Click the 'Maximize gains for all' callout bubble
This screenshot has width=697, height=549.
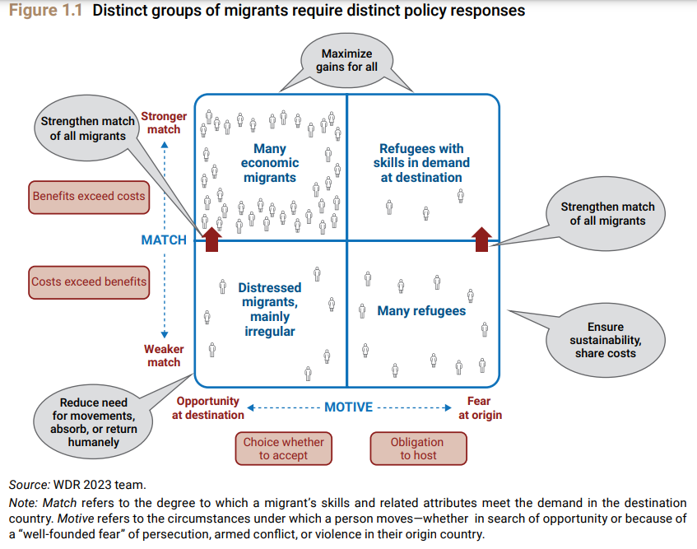click(346, 60)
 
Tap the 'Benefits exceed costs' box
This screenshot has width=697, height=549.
click(89, 196)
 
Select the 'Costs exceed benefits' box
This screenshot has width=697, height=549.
click(89, 281)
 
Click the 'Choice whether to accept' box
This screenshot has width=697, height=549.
click(283, 449)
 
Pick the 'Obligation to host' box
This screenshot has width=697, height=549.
click(417, 449)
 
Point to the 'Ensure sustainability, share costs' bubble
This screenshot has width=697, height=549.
click(605, 340)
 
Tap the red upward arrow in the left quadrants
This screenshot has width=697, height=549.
click(211, 239)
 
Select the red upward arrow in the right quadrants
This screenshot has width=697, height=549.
click(481, 239)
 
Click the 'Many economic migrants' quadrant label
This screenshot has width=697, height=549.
click(270, 163)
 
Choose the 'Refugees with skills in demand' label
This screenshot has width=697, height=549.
click(421, 163)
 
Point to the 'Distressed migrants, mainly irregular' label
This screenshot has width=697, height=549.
click(270, 309)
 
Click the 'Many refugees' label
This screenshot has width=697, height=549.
click(421, 311)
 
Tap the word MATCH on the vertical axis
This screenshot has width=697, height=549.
click(164, 240)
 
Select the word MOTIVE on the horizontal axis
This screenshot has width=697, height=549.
click(348, 407)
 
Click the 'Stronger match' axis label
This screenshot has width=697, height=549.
click(164, 123)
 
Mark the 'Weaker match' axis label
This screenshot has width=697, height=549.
click(163, 356)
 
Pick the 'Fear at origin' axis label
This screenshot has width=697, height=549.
click(479, 408)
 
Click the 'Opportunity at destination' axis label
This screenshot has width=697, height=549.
click(207, 408)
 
